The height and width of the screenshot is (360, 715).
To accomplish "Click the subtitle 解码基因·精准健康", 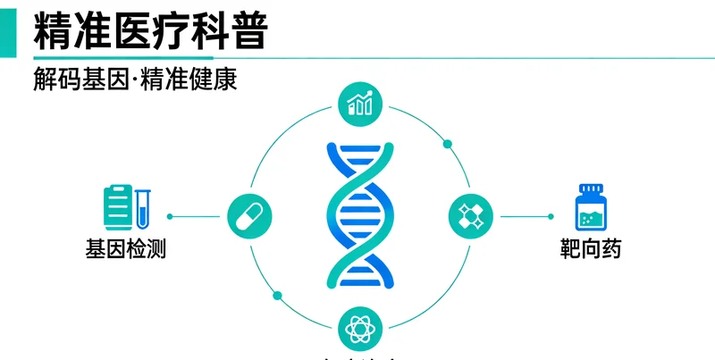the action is click(x=134, y=80).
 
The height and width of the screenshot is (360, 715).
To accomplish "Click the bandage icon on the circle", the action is click(x=470, y=215).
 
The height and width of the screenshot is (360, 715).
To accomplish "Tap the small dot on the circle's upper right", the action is click(x=447, y=143).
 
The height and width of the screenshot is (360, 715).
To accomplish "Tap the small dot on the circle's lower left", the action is click(x=277, y=295).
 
